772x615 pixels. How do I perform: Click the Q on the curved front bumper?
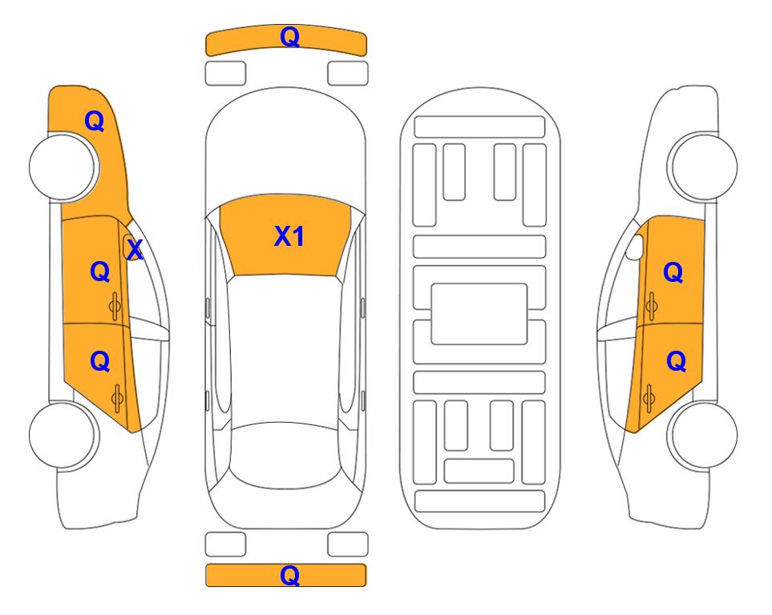[289, 37]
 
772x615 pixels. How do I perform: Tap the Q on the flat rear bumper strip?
[289, 575]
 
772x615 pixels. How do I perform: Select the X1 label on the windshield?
[289, 236]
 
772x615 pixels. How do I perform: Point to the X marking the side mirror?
[135, 250]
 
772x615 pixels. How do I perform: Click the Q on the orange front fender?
[95, 121]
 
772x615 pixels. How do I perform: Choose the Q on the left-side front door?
[100, 271]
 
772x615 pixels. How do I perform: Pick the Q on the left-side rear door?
[100, 362]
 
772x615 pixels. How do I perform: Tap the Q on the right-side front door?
[673, 272]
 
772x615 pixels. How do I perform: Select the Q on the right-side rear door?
[676, 362]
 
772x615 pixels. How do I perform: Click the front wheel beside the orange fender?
[63, 167]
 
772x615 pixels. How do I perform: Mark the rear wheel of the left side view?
[63, 436]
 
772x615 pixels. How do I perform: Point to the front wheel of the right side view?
[703, 167]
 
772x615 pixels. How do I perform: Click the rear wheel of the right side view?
[703, 435]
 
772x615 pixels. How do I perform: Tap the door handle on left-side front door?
[115, 307]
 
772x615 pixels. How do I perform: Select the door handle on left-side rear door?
[117, 399]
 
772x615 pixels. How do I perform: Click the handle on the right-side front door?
[651, 306]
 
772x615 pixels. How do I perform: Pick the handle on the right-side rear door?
[649, 398]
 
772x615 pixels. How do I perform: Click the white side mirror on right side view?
[635, 247]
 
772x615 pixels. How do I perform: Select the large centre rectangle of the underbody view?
[479, 314]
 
